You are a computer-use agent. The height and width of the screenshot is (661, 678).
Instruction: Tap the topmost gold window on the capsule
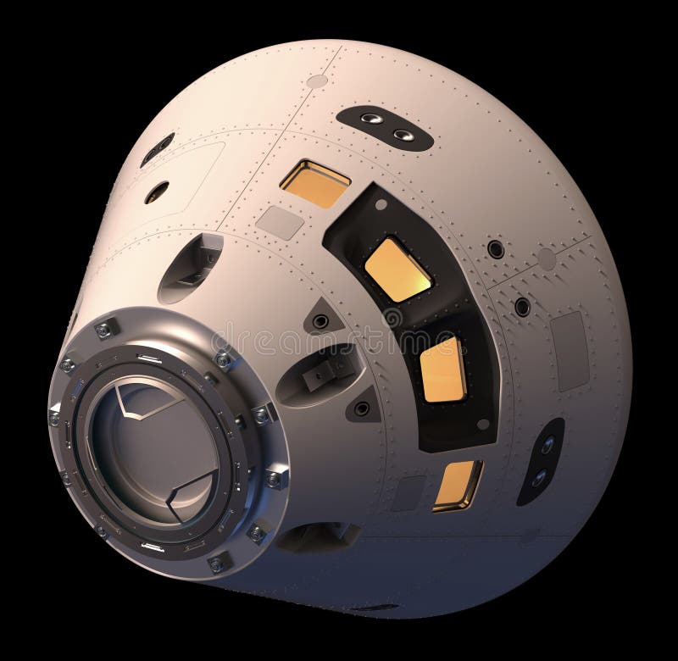(x=314, y=182)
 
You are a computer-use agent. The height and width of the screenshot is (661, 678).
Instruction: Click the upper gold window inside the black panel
(x=397, y=269)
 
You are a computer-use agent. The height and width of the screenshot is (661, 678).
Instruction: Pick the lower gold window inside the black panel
(x=442, y=369)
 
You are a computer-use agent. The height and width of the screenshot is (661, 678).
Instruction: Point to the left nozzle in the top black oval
(x=371, y=119)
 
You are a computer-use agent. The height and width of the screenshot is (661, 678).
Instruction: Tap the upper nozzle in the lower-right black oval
(x=547, y=443)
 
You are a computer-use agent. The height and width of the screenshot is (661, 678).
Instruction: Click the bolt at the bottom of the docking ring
(x=218, y=562)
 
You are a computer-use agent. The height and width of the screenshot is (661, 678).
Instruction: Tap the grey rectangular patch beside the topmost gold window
(x=280, y=222)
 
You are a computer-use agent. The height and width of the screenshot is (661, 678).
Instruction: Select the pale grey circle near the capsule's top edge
(x=317, y=81)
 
